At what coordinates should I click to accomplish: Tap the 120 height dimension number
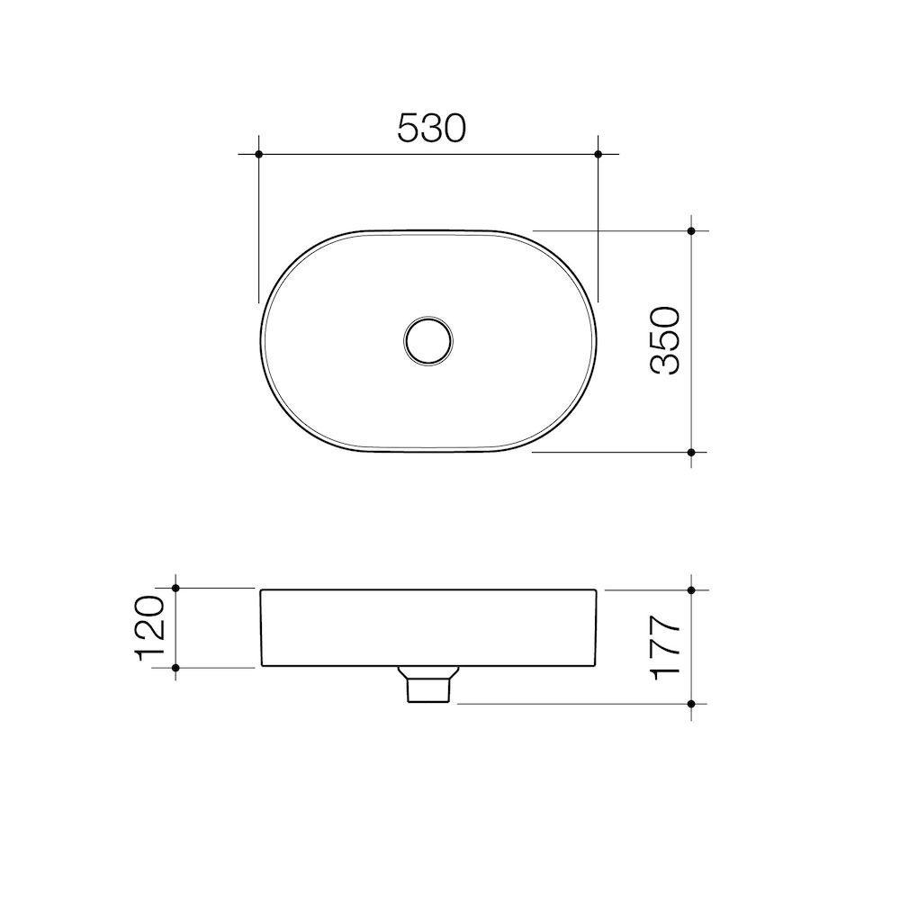pyautogui.click(x=151, y=627)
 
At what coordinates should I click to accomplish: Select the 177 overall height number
pyautogui.click(x=667, y=647)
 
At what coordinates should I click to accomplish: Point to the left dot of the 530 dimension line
pyautogui.click(x=258, y=155)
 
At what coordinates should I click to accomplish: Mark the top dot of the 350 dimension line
pyautogui.click(x=691, y=231)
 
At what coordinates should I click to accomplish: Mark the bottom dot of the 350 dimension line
pyautogui.click(x=691, y=452)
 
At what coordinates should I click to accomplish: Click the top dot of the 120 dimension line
pyautogui.click(x=175, y=589)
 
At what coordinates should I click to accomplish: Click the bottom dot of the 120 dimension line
pyautogui.click(x=175, y=667)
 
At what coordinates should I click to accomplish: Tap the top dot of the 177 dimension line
pyautogui.click(x=691, y=590)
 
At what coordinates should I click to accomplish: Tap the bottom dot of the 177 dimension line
pyautogui.click(x=691, y=703)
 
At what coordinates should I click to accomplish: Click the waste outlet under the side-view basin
pyautogui.click(x=428, y=686)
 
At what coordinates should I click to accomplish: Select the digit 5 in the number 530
pyautogui.click(x=409, y=128)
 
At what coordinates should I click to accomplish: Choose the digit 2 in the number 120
pyautogui.click(x=151, y=628)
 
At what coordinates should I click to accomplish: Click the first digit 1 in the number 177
pyautogui.click(x=667, y=671)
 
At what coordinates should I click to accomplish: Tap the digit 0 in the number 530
pyautogui.click(x=454, y=128)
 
